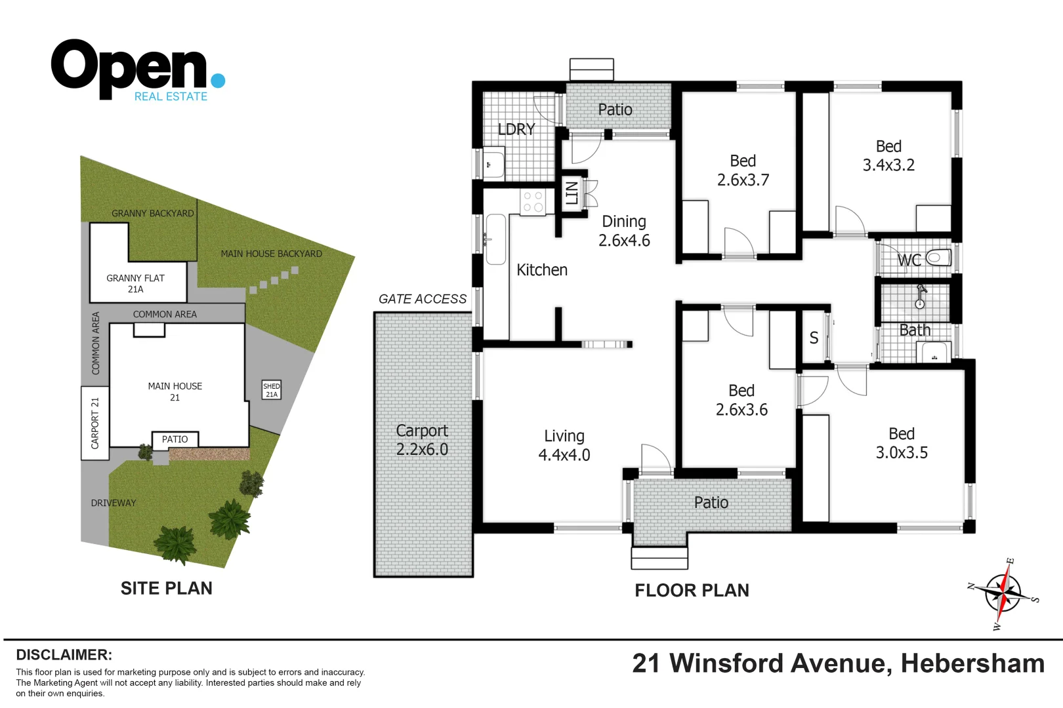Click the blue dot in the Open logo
pyautogui.click(x=219, y=81)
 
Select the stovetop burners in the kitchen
pyautogui.click(x=533, y=202)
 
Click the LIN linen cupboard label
pyautogui.click(x=572, y=193)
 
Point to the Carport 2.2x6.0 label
pyautogui.click(x=422, y=440)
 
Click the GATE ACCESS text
pyautogui.click(x=422, y=299)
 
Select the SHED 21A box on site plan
pyautogui.click(x=272, y=390)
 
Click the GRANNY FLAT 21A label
pyautogui.click(x=136, y=283)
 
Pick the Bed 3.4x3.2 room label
pyautogui.click(x=888, y=156)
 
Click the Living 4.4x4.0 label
pyautogui.click(x=564, y=445)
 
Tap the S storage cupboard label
pyautogui.click(x=814, y=338)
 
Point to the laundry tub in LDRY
pyautogui.click(x=493, y=164)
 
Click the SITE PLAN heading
pyautogui.click(x=166, y=588)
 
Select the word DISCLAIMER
pyautogui.click(x=64, y=655)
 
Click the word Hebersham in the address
pyautogui.click(x=972, y=663)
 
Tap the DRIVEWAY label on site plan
pyautogui.click(x=114, y=503)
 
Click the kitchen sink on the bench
pyautogui.click(x=495, y=239)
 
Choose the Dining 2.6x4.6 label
pyautogui.click(x=624, y=231)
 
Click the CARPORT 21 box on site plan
pyautogui.click(x=95, y=423)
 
